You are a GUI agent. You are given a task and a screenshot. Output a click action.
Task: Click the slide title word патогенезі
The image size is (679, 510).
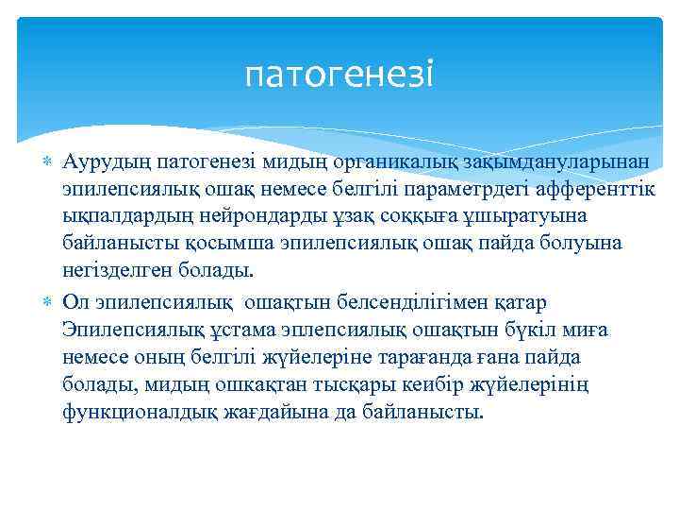(x=339, y=74)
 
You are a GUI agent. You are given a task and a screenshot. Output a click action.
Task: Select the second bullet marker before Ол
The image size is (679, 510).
(x=49, y=302)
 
